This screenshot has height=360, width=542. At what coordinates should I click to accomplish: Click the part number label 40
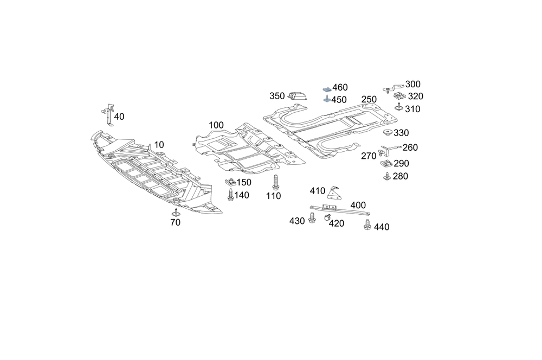coord(119,117)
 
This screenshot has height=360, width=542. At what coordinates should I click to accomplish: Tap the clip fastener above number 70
coord(176,210)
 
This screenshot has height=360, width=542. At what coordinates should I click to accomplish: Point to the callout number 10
coord(158,145)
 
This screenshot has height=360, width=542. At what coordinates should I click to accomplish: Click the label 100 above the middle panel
coord(216,125)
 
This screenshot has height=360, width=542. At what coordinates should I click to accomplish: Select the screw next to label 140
coord(230,194)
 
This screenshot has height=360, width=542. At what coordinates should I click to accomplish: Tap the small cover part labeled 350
coord(298,96)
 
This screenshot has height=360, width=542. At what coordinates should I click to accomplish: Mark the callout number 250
coord(369,99)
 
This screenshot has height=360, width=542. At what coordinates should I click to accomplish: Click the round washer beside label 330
coord(388,133)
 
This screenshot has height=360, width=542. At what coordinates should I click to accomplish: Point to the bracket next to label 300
coord(393,86)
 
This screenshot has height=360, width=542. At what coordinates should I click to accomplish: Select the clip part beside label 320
coord(398,97)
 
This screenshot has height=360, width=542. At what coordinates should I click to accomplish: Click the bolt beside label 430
coord(312,218)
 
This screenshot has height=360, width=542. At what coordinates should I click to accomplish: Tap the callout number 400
coord(358,205)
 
